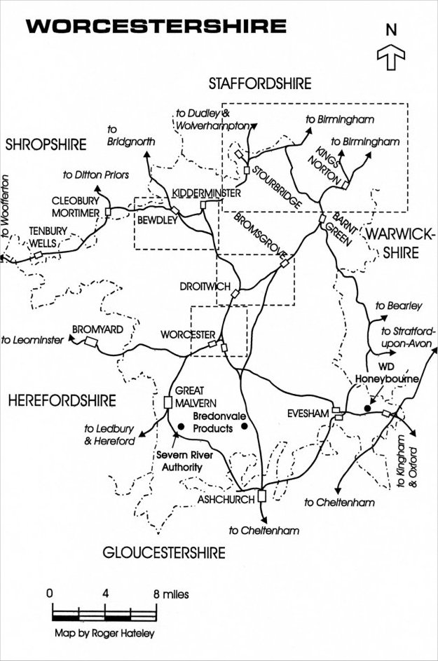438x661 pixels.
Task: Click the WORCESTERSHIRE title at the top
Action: pyautogui.click(x=156, y=27)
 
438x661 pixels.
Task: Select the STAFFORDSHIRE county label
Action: pyautogui.click(x=260, y=84)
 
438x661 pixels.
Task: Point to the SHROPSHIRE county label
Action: pyautogui.click(x=45, y=145)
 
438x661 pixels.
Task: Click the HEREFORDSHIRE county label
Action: pyautogui.click(x=62, y=400)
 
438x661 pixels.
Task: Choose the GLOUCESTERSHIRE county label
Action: pyautogui.click(x=164, y=552)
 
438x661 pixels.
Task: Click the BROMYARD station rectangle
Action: pyautogui.click(x=90, y=342)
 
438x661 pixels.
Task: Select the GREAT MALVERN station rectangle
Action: pyautogui.click(x=167, y=402)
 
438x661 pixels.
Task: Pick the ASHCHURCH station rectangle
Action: pyautogui.click(x=261, y=496)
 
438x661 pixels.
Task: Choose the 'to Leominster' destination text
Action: pyautogui.click(x=33, y=340)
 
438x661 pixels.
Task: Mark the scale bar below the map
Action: pyautogui.click(x=104, y=615)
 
